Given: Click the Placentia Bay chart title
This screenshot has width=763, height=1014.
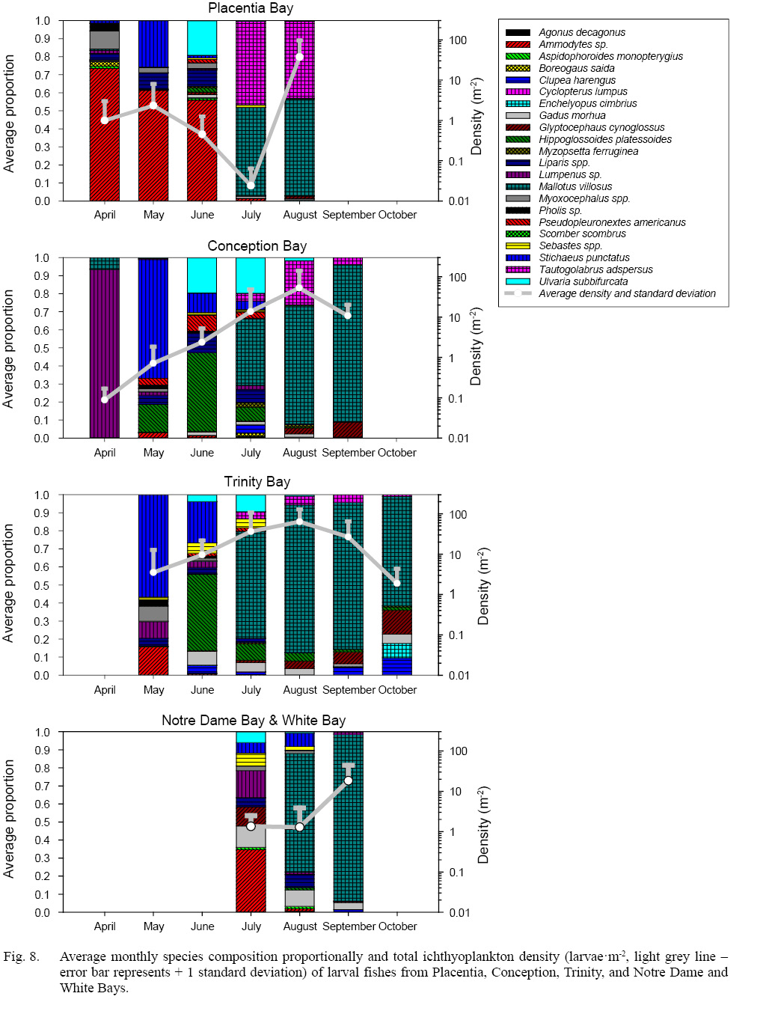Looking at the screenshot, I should click(x=251, y=8).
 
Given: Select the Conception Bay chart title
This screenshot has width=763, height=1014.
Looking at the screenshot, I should click(x=257, y=246).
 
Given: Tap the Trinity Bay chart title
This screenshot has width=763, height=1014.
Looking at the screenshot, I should click(x=257, y=482).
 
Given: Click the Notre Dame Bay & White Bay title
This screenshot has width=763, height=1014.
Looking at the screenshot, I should click(x=254, y=721).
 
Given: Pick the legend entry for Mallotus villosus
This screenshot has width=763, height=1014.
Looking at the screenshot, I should click(x=575, y=186).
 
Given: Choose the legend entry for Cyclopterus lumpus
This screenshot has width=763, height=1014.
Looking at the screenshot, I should click(x=583, y=91).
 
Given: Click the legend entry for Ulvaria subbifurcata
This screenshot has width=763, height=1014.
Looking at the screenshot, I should click(x=583, y=281).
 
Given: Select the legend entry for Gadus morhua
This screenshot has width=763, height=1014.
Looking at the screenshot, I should click(x=572, y=115).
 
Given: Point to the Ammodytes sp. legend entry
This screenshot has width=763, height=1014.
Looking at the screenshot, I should click(x=573, y=44).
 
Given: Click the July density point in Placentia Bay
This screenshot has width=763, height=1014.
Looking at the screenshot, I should click(x=251, y=185).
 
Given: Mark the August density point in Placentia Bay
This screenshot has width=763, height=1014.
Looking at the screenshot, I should click(x=299, y=57).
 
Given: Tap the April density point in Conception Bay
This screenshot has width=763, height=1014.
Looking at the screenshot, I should click(x=105, y=399).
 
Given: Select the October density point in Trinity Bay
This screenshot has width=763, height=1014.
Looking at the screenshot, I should click(x=397, y=583).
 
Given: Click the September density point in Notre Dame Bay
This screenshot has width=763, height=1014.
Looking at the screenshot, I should click(x=349, y=781).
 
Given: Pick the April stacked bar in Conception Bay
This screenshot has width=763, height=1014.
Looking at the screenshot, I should click(x=105, y=348).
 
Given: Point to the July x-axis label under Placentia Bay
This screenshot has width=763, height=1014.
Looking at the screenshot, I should click(x=251, y=215).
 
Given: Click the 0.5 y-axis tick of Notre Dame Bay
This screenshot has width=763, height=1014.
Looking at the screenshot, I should click(x=42, y=822).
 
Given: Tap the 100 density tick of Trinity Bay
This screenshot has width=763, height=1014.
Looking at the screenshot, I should click(x=458, y=515).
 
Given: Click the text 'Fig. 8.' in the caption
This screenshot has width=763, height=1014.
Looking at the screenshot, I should click(x=21, y=956).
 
